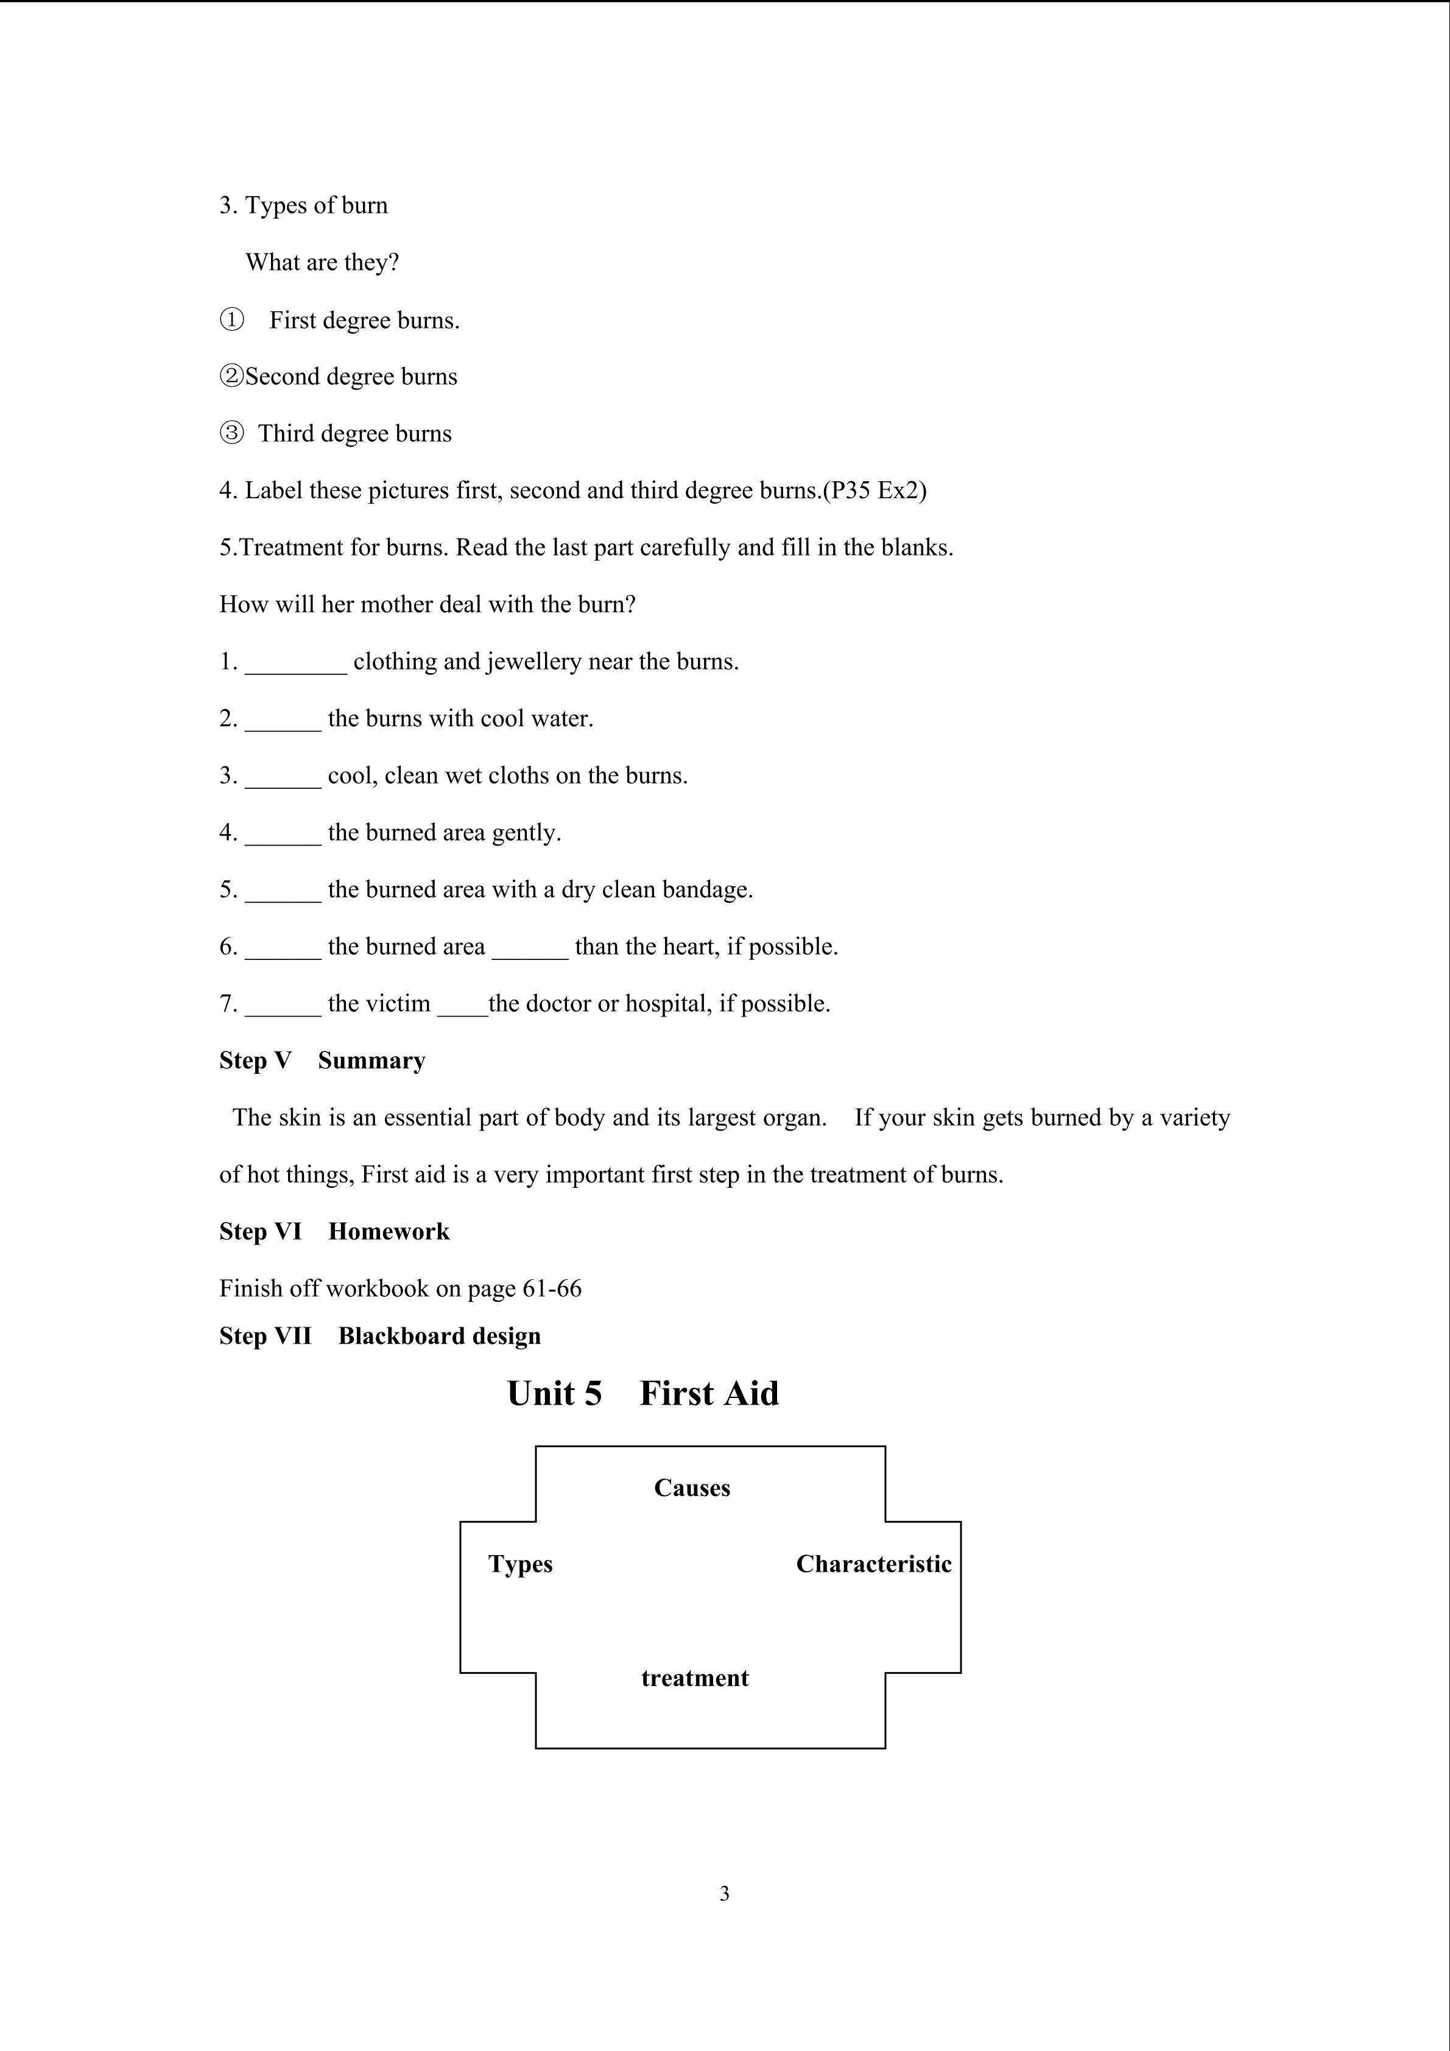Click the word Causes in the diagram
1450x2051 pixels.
pos(692,1488)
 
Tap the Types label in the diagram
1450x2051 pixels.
pos(521,1564)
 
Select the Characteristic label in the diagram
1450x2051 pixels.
pos(873,1564)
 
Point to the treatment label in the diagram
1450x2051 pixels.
pos(695,1678)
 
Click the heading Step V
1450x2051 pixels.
pos(255,1061)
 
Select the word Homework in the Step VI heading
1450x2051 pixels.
pos(389,1232)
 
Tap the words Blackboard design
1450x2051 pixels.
pos(439,1336)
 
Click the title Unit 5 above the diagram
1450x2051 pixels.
pos(554,1394)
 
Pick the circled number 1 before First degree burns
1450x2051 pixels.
pos(231,320)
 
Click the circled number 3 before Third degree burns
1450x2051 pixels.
pos(231,433)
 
